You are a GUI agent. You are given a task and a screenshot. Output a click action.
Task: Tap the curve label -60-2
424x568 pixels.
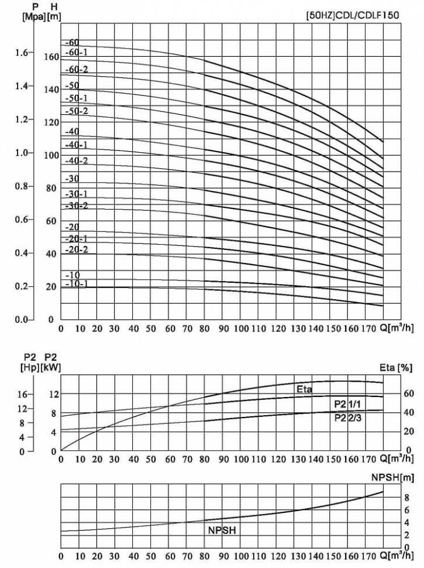[x=77, y=70]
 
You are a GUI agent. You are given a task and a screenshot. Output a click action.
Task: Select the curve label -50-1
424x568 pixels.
[x=77, y=98]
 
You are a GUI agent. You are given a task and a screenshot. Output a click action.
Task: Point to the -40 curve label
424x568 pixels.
[x=73, y=132]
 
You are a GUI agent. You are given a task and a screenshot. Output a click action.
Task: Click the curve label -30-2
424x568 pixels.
[x=77, y=206]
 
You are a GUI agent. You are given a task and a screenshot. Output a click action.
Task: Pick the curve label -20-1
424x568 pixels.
[x=77, y=238]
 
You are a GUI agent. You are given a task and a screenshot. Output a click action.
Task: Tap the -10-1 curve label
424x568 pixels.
[x=77, y=284]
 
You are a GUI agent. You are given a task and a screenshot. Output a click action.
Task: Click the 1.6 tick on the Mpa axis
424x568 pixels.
[x=21, y=53]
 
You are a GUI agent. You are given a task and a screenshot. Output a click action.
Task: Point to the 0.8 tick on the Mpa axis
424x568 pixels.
[x=21, y=186]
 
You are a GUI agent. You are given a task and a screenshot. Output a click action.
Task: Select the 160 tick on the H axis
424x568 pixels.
[x=51, y=57]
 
